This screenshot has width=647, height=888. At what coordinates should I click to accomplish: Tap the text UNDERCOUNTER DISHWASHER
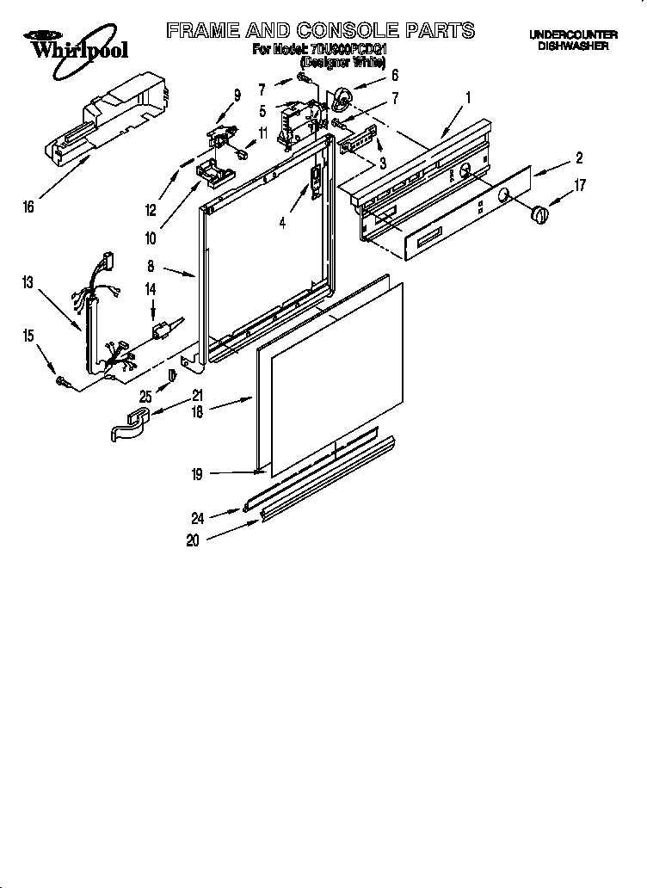(572, 40)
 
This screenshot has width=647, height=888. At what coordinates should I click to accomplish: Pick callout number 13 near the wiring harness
(28, 281)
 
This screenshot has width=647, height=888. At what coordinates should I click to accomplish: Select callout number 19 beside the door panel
(197, 472)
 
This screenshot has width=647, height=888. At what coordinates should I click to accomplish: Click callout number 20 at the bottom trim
(193, 540)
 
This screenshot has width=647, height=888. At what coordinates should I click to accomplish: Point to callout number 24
(198, 517)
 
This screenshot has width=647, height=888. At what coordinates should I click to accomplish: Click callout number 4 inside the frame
(282, 223)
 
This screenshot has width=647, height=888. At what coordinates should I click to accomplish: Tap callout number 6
(394, 75)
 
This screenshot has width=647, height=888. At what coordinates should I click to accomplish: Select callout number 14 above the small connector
(151, 290)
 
